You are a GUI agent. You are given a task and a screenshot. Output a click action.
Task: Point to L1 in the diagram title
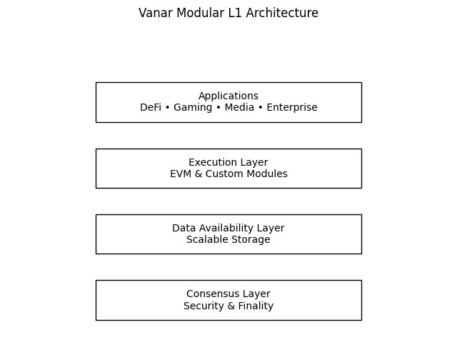pos(231,13)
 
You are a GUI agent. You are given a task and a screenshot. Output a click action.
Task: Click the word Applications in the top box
pos(228,96)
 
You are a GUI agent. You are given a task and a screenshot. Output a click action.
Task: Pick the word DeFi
pos(151,108)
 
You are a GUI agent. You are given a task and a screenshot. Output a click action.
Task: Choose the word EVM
pos(181,174)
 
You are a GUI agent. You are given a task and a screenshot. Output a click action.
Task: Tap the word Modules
pos(267,174)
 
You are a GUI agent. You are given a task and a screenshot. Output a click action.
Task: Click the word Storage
pos(251,240)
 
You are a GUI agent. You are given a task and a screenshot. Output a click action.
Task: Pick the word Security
pos(203,306)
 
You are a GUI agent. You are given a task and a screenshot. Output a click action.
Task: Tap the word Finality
pos(254,306)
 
